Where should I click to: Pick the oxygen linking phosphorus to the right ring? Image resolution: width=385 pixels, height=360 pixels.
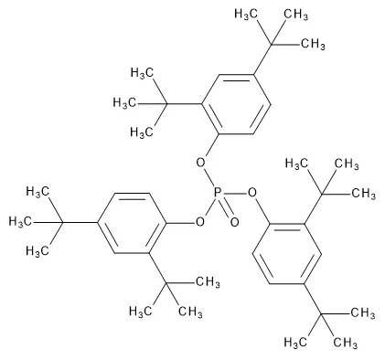coord(253,193)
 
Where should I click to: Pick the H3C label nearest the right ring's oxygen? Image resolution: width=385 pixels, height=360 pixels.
coord(297,164)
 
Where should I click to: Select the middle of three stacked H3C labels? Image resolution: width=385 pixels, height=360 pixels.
coord(138,102)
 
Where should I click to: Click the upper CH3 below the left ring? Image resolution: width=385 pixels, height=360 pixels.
coord(209,281)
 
